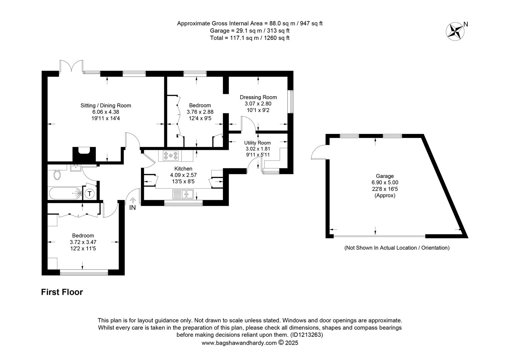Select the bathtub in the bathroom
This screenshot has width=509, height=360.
coord(65,193)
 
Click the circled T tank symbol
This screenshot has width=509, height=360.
coord(90,194)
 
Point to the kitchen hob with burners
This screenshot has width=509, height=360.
coord(171,156)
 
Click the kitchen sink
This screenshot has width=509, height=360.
coord(183,194)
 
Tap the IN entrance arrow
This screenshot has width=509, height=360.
coord(133,200)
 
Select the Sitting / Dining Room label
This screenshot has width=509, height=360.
coord(106,106)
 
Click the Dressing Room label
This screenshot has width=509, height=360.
coord(258,97)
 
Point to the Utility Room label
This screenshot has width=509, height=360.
coord(257,143)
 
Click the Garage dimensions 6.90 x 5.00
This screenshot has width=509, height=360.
coord(385,182)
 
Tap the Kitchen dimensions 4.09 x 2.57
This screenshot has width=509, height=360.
coord(183,175)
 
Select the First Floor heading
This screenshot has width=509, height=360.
coord(62,292)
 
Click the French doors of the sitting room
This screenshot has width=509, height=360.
coord(71,66)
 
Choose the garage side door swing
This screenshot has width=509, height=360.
coord(319,152)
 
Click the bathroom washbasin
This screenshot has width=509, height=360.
coord(76,168)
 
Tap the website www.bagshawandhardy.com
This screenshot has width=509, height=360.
coord(239,343)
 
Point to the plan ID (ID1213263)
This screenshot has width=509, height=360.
coord(306,335)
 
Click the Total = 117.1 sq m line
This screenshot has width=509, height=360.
coord(250,38)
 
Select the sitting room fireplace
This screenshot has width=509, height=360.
coord(84,154)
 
